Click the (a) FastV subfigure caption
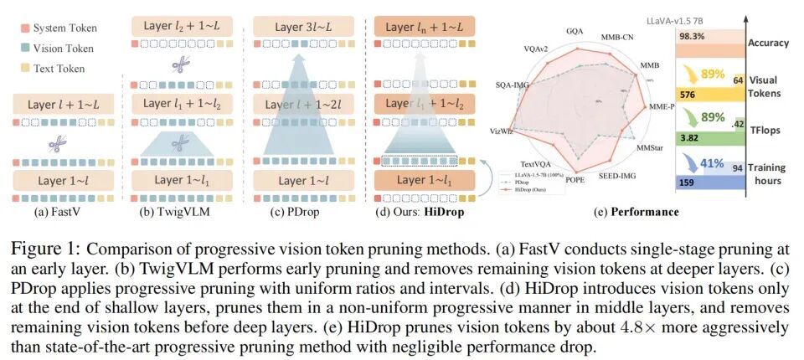pos(59,212)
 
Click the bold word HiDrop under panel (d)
pos(446,212)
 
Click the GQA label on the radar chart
pos(575,31)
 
